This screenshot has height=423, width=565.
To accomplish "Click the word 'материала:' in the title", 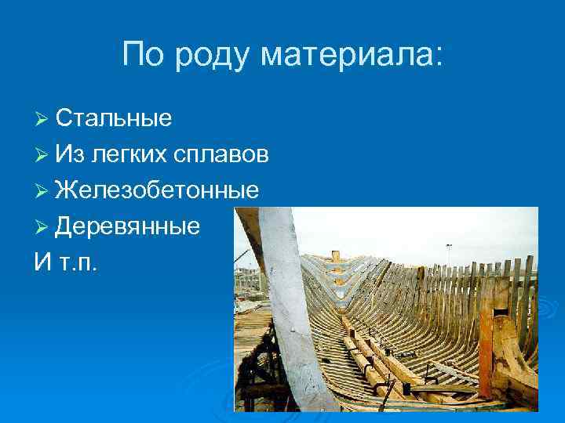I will [352, 55].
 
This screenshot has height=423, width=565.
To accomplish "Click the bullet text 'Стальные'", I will [114, 118].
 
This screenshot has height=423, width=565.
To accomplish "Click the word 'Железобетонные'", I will [157, 190].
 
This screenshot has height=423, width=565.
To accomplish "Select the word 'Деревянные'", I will [127, 226].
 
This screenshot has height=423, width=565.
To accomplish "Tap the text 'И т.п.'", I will [66, 262].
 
